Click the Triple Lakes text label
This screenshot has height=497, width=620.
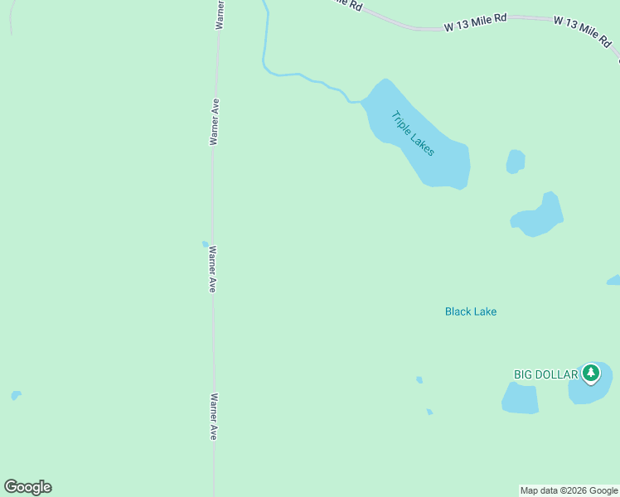[x=413, y=134]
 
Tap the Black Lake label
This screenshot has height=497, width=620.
[x=471, y=311]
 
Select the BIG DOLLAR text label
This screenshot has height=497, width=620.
[x=545, y=374]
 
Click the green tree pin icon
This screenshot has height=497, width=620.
[x=590, y=374]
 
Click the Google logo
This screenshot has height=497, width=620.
[x=27, y=487]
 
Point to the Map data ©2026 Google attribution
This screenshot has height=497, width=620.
[x=569, y=490]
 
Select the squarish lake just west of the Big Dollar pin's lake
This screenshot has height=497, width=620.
[x=521, y=398]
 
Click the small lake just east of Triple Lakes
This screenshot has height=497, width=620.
[x=516, y=162]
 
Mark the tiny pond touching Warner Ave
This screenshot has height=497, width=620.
[x=206, y=244]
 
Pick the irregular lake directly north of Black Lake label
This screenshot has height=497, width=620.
[x=539, y=218]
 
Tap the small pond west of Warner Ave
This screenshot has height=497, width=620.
[x=16, y=395]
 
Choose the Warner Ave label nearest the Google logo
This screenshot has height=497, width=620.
[x=213, y=416]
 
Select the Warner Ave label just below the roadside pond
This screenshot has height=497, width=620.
[x=213, y=268]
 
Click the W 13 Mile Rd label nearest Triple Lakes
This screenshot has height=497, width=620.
[x=475, y=24]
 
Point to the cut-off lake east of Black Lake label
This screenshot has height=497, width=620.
[x=614, y=281]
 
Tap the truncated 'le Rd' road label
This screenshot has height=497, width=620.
[x=346, y=4]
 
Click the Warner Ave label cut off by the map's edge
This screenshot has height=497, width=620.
[x=220, y=14]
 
